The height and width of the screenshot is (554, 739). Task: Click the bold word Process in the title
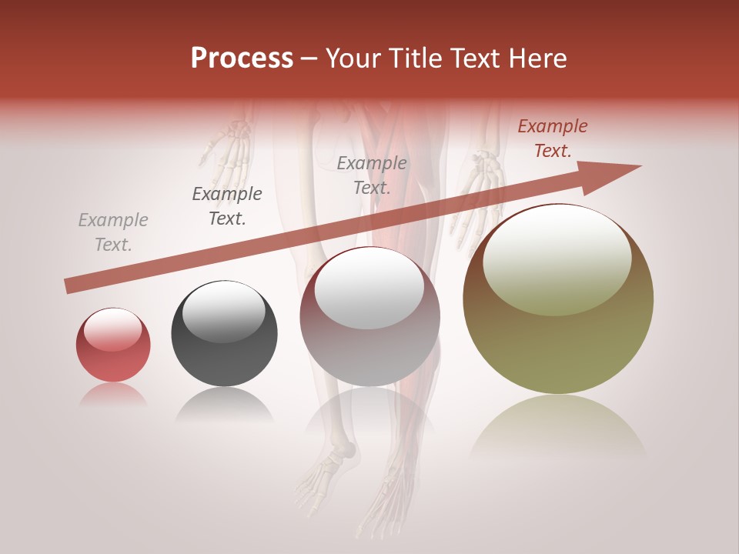[242, 58]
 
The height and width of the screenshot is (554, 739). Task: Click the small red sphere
[113, 345]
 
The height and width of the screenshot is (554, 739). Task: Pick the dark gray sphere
[224, 333]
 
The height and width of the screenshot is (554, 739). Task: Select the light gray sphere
[369, 317]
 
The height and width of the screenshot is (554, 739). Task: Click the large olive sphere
[558, 299]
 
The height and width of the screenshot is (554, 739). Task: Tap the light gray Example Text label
[113, 232]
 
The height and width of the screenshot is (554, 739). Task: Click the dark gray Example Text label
[227, 205]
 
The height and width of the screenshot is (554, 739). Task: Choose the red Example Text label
[552, 138]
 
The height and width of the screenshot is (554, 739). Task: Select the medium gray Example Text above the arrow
[372, 175]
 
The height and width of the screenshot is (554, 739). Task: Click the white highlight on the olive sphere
[557, 259]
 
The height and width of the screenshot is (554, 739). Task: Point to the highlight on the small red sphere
[112, 330]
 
